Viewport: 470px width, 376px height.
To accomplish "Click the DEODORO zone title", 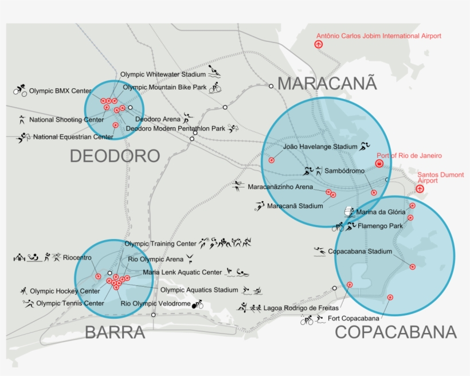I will (x=115, y=156).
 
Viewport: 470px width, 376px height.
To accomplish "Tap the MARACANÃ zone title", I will (x=327, y=83).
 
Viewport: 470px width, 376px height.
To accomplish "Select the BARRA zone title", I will (x=115, y=332).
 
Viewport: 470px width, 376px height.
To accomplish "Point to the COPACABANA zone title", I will (x=395, y=332).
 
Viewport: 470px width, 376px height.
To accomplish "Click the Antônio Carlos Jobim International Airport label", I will (x=379, y=36).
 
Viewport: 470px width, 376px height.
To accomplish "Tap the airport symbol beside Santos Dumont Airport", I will (x=420, y=189).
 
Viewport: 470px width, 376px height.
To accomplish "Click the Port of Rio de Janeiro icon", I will (x=379, y=164).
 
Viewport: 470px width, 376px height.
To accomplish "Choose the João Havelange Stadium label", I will (x=320, y=147).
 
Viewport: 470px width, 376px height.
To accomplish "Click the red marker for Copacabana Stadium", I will (x=412, y=267).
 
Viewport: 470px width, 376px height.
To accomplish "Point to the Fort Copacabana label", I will (x=354, y=318).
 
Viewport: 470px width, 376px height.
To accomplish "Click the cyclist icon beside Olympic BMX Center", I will (x=21, y=90).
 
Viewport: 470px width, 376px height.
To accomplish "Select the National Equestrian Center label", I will (x=73, y=137).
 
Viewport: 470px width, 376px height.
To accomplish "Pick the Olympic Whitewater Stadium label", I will (x=163, y=75).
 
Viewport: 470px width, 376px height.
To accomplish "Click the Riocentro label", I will (x=77, y=257).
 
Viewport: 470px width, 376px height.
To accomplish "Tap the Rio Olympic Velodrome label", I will (x=155, y=303).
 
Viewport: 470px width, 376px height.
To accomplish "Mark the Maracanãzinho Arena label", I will (x=280, y=187).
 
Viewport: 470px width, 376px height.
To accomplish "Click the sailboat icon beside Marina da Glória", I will (x=348, y=212).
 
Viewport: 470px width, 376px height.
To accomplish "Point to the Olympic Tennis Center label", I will (x=70, y=303).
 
